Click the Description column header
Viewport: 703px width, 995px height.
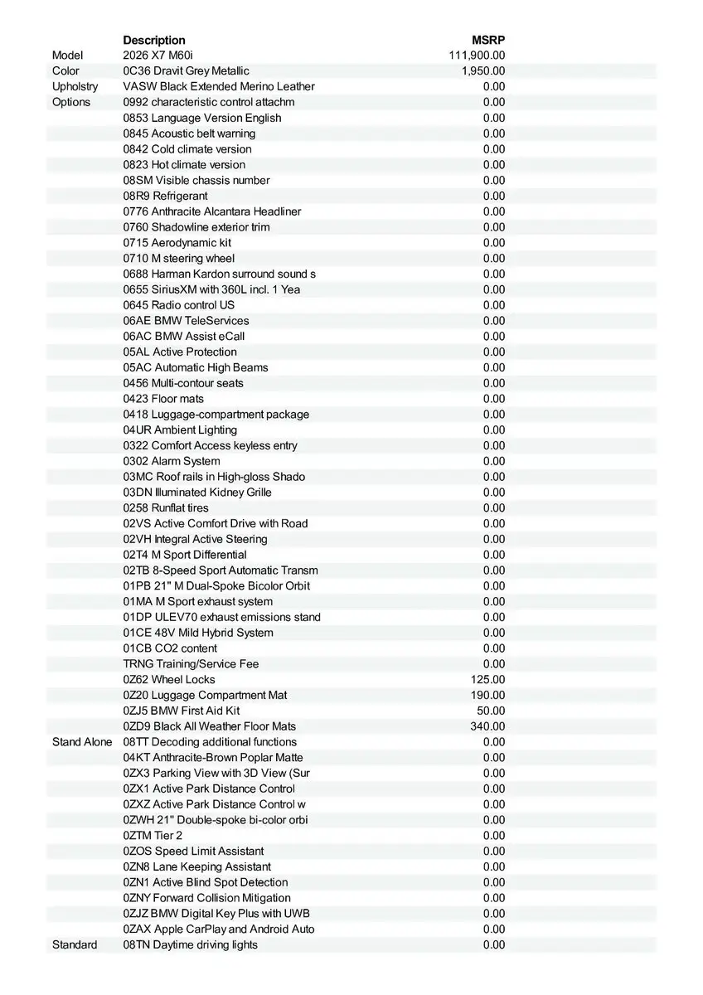tap(154, 40)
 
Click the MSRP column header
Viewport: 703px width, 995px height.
tap(488, 40)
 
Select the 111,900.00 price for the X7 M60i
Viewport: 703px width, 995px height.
tap(477, 56)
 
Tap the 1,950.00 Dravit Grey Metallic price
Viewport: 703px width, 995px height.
tap(483, 71)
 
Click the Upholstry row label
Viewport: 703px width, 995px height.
tap(75, 86)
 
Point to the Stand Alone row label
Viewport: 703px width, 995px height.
tap(81, 742)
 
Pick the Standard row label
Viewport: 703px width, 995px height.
tap(75, 945)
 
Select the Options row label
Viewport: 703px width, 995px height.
tap(71, 102)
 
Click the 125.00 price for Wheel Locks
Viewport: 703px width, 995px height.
tap(487, 680)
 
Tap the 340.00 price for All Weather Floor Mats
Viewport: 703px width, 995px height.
tap(487, 726)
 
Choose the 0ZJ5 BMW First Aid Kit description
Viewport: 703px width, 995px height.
tap(182, 711)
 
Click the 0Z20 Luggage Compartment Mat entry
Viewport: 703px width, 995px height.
tap(206, 696)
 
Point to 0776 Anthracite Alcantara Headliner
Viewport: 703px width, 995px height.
tap(212, 211)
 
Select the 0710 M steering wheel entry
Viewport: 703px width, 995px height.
tap(179, 259)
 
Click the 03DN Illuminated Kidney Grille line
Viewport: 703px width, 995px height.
tap(197, 493)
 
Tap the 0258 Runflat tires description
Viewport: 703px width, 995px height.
tap(166, 508)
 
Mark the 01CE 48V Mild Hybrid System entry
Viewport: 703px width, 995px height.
tap(198, 633)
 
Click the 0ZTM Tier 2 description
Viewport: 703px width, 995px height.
tap(153, 836)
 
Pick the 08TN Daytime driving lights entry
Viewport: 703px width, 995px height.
tap(191, 945)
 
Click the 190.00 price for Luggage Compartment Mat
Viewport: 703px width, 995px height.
tap(487, 696)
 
